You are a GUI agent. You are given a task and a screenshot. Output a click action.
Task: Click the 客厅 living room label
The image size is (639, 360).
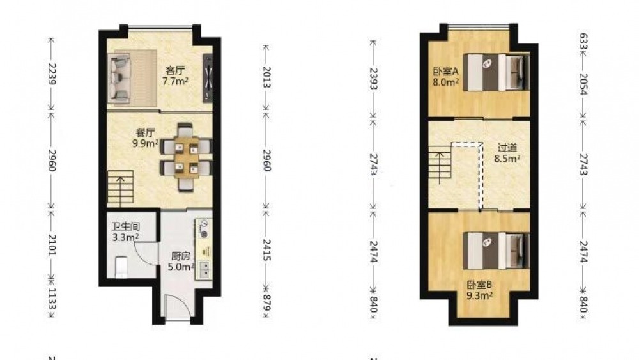[175, 70]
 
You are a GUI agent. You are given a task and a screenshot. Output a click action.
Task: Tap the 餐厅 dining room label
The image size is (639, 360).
[145, 133]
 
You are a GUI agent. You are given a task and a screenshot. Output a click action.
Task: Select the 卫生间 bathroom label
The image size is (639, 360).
[126, 227]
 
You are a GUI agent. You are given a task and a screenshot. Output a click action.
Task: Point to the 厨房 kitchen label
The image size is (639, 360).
[180, 256]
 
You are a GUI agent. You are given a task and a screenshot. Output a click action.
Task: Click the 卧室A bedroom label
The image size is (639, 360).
[446, 72]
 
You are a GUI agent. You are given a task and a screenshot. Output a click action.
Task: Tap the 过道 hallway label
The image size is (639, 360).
[507, 148]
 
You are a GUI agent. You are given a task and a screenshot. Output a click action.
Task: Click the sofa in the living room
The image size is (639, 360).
[119, 78]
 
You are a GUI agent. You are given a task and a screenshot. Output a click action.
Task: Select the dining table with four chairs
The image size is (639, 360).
[186, 157]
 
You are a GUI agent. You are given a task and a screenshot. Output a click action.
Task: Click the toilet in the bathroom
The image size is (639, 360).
[121, 267]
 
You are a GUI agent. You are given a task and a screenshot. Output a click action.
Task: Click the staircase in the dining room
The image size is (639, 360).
[121, 189]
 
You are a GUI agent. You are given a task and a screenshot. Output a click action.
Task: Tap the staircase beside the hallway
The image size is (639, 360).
[440, 164]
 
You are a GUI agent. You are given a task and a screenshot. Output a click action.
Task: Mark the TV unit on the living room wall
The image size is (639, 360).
[208, 78]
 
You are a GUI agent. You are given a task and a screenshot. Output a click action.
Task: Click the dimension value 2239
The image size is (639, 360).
[51, 74]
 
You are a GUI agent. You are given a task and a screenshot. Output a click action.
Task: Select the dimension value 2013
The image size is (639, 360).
[266, 77]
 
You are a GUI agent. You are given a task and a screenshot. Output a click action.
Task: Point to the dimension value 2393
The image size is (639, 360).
[373, 79]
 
